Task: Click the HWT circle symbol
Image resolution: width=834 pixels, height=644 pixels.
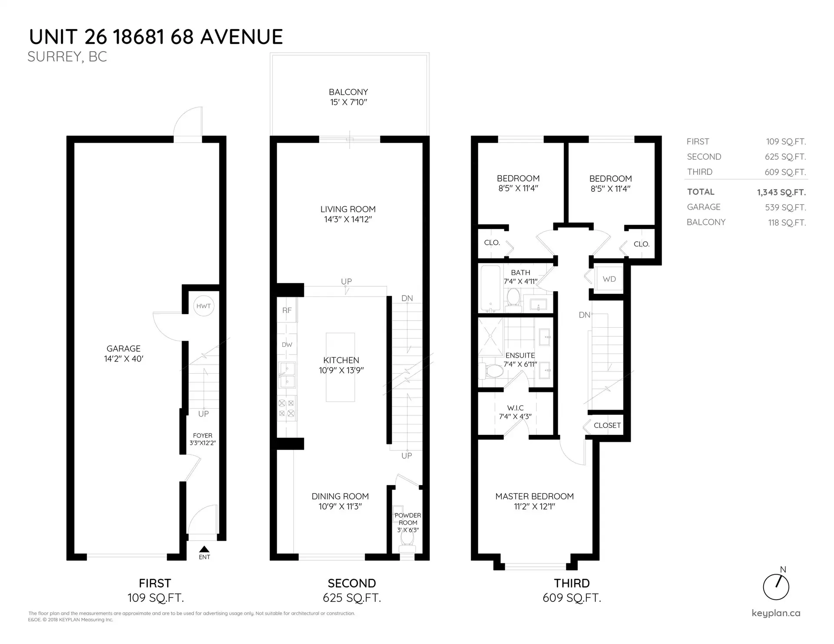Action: pos(203,306)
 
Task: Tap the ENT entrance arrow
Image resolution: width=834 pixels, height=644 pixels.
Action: pos(204,549)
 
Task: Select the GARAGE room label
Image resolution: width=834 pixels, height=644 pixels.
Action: pos(123,348)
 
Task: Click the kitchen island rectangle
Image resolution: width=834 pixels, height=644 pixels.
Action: pos(340,367)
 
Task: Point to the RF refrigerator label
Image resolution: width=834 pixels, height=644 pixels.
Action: pos(287,310)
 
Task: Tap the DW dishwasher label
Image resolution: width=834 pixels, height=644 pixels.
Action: pos(287,345)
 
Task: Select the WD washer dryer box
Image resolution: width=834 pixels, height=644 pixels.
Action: pos(609,279)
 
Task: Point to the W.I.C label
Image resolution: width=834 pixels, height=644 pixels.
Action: pos(515,408)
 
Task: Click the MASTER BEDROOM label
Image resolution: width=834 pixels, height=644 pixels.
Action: pos(534,496)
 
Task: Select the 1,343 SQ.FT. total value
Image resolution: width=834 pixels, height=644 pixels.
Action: pos(781,192)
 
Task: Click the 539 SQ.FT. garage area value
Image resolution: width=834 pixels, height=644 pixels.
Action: pos(785,207)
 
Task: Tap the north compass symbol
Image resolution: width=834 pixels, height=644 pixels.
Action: pos(776,586)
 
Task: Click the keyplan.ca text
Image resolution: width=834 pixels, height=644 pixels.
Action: pos(776,613)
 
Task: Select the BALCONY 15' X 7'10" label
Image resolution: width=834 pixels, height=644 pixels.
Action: pos(348,97)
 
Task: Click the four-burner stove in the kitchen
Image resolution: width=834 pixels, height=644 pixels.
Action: pos(287,408)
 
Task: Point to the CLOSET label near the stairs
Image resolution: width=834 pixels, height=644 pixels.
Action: pos(607,425)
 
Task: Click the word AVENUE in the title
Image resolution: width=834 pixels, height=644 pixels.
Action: pos(242,37)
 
